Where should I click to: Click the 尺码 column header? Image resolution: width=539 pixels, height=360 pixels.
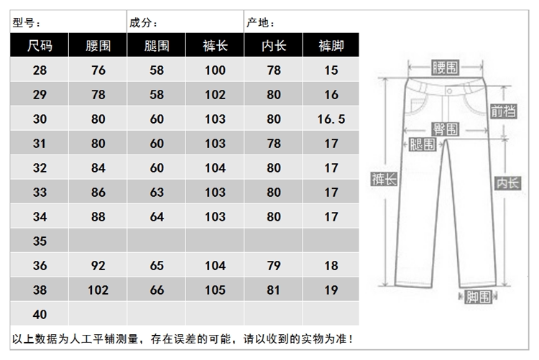click(x=40, y=47)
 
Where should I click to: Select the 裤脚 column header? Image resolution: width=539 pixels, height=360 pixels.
click(x=331, y=47)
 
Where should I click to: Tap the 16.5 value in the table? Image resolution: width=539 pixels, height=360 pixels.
click(x=331, y=119)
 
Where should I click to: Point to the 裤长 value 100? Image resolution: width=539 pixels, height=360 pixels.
click(x=215, y=70)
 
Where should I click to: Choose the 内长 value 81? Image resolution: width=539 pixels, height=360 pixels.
click(x=274, y=290)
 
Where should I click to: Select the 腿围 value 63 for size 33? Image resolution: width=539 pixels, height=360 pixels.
click(x=157, y=193)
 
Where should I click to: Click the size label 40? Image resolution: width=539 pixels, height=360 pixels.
click(x=40, y=314)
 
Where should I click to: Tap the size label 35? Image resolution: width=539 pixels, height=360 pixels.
click(x=40, y=241)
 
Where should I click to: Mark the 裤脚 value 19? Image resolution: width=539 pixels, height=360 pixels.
click(x=331, y=290)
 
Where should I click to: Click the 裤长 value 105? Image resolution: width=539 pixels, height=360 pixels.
click(x=215, y=290)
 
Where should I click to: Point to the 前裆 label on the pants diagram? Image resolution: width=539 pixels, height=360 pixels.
click(x=503, y=111)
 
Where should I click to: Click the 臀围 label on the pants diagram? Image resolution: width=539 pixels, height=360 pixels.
click(x=445, y=129)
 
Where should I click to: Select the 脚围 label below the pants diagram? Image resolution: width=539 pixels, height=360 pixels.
click(x=473, y=295)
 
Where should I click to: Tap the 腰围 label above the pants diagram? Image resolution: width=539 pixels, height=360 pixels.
click(x=445, y=68)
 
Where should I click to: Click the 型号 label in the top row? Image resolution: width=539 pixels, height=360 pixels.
click(x=27, y=23)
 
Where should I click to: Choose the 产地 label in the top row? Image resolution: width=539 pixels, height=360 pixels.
click(x=260, y=23)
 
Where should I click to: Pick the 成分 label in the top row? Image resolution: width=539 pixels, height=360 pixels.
click(x=143, y=23)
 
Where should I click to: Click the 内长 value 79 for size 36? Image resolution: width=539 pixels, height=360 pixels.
click(x=274, y=266)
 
